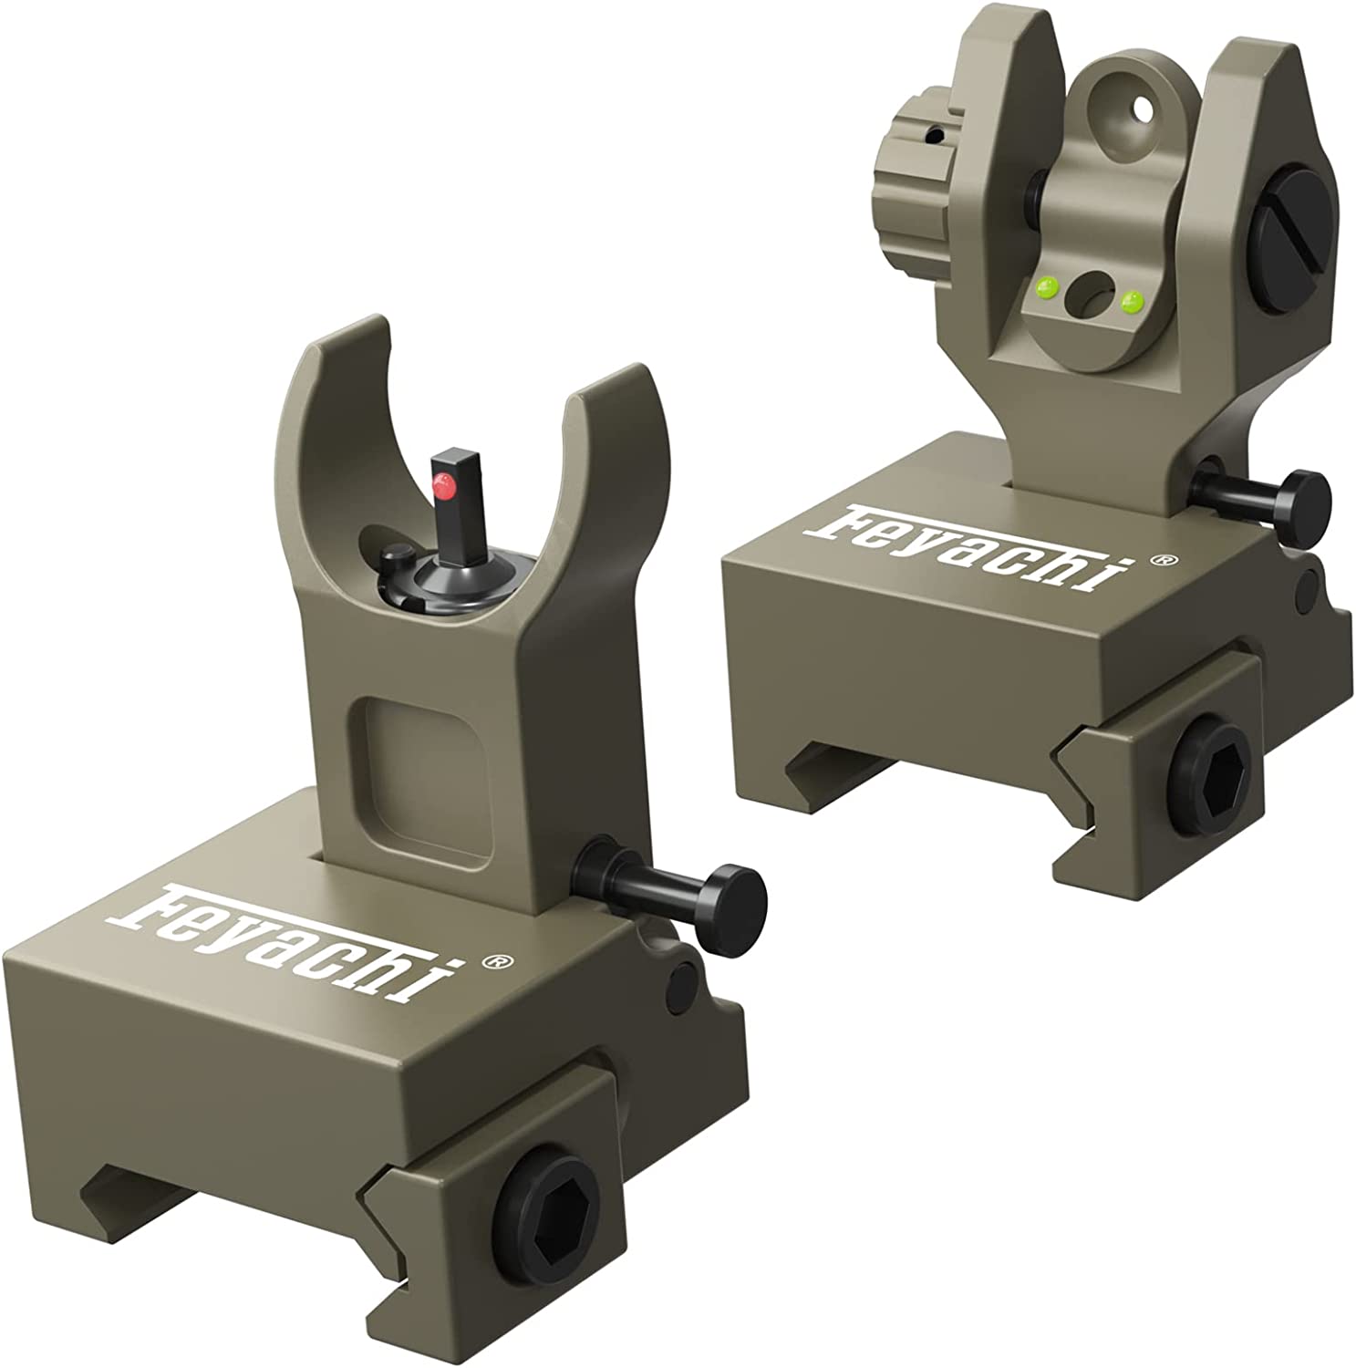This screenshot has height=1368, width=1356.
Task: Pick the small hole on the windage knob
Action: point(932,137)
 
